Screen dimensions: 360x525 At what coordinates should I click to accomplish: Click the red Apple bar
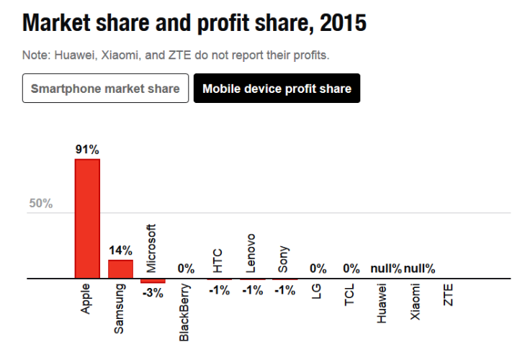87,218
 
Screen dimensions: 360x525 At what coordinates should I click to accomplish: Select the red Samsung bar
120,269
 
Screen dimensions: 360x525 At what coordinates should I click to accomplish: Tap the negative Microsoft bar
153,281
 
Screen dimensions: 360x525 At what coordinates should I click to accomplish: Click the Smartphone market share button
106,89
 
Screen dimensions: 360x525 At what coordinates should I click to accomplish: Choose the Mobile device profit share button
277,89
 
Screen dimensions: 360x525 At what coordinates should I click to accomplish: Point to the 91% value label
87,150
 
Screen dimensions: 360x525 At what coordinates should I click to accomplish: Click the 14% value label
120,251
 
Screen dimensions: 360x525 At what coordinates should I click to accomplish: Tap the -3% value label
153,293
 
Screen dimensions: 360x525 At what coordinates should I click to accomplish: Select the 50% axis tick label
40,203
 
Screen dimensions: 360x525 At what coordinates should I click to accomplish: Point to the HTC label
218,257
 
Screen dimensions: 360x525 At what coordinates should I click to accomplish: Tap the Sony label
284,256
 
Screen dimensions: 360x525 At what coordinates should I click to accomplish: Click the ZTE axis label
449,295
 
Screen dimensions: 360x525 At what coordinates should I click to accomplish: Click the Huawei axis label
382,303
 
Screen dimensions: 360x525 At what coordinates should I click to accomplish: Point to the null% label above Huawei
386,269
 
